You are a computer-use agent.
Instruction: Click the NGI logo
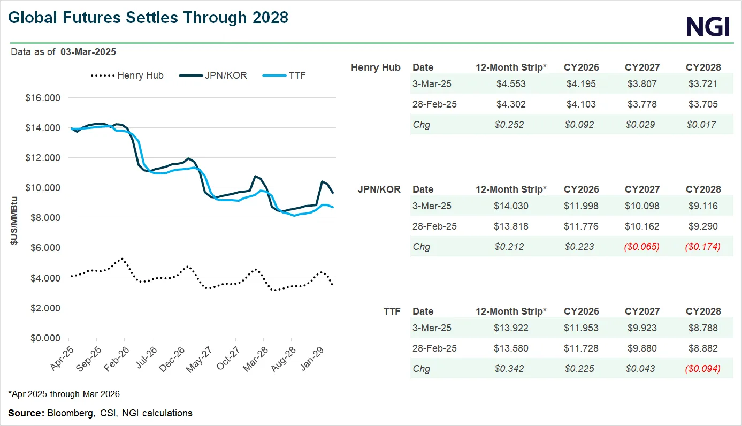pyautogui.click(x=708, y=25)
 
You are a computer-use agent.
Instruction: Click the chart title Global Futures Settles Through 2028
pyautogui.click(x=148, y=18)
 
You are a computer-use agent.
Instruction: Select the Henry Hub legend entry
pyautogui.click(x=127, y=75)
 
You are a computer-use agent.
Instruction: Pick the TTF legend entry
pyautogui.click(x=284, y=75)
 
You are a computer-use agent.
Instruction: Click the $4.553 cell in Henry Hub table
pyautogui.click(x=510, y=84)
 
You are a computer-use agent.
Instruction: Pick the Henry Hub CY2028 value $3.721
pyautogui.click(x=703, y=84)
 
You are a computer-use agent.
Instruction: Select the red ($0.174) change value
pyautogui.click(x=703, y=247)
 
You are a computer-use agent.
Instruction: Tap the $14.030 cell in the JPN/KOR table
pyautogui.click(x=510, y=206)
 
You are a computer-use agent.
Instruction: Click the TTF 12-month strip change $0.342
pyautogui.click(x=510, y=369)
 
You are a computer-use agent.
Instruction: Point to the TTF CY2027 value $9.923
pyautogui.click(x=642, y=328)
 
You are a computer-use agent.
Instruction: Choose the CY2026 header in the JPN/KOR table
pyautogui.click(x=582, y=189)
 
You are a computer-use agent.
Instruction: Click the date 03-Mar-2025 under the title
pyautogui.click(x=88, y=52)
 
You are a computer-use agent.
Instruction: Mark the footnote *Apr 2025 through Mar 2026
pyautogui.click(x=64, y=394)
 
